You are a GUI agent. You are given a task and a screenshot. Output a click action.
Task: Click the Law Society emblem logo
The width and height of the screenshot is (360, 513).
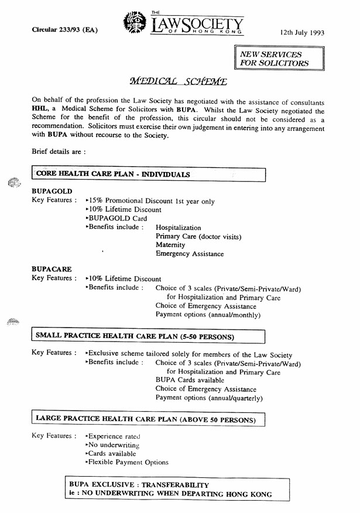click(135, 23)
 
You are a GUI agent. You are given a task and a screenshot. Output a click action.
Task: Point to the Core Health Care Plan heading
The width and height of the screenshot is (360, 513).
click(113, 174)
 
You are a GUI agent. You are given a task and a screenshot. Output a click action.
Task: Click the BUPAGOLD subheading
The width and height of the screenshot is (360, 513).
click(52, 192)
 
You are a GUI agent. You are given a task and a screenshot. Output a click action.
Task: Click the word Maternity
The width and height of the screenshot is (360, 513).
click(170, 245)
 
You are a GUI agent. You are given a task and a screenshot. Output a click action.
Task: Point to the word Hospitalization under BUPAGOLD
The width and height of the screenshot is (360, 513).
click(179, 228)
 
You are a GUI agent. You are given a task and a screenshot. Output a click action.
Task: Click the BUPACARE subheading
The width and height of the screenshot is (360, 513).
click(52, 270)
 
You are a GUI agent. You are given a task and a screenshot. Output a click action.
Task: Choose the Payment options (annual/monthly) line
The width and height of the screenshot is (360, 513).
click(208, 315)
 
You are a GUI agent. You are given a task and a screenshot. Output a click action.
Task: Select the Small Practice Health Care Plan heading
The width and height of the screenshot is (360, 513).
click(135, 336)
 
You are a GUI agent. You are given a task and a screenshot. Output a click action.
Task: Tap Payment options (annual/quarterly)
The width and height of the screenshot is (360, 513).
click(209, 398)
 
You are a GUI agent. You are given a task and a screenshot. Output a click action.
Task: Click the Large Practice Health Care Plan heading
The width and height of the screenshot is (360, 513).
click(146, 419)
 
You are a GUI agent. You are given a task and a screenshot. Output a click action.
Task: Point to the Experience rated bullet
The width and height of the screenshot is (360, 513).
click(114, 436)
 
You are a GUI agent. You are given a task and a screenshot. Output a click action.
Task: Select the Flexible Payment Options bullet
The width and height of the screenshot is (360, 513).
click(128, 462)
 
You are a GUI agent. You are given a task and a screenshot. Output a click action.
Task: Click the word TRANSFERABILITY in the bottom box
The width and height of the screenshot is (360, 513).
click(170, 486)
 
